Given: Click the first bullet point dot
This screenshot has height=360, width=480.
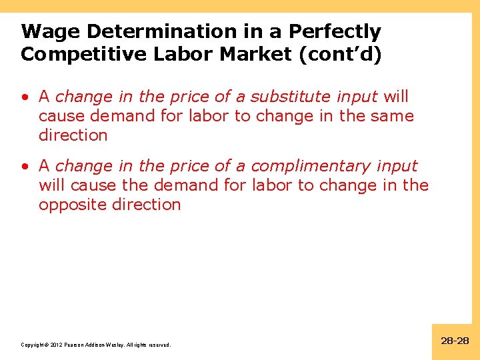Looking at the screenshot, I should click(x=25, y=97).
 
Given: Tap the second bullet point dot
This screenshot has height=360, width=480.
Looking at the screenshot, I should click(x=25, y=167).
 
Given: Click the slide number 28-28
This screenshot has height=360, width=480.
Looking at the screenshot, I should click(x=455, y=341).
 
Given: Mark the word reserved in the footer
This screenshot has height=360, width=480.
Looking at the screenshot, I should click(x=160, y=345).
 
